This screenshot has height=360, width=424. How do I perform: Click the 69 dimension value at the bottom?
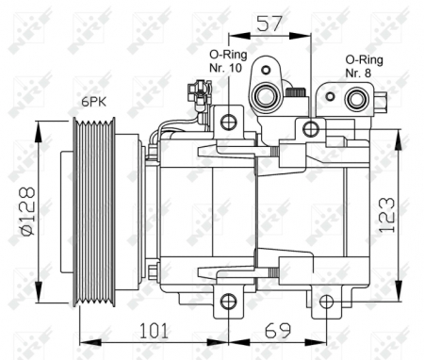pyautogui.click(x=276, y=331)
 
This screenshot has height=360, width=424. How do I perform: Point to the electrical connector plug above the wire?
pyautogui.click(x=198, y=92)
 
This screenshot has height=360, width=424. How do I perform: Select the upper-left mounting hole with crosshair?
pyautogui.click(x=227, y=121)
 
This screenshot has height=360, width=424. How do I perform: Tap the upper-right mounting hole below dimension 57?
pyautogui.click(x=311, y=129)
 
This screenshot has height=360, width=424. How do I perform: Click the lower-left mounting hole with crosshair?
pyautogui.click(x=227, y=302)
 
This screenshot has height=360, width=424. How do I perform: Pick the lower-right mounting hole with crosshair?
pyautogui.click(x=326, y=302)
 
